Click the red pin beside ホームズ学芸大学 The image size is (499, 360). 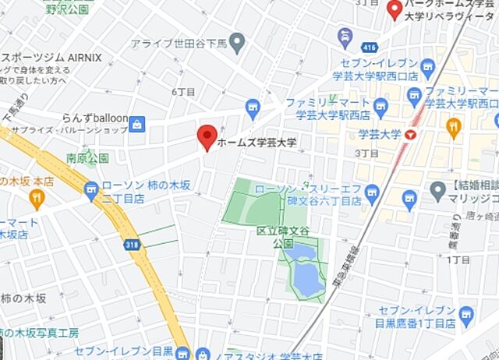(207, 136)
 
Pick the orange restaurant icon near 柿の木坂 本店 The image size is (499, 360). (35, 199)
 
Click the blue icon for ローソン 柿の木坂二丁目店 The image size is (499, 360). (92, 188)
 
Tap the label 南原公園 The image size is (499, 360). (87, 158)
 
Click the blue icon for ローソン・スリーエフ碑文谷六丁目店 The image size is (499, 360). (371, 192)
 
